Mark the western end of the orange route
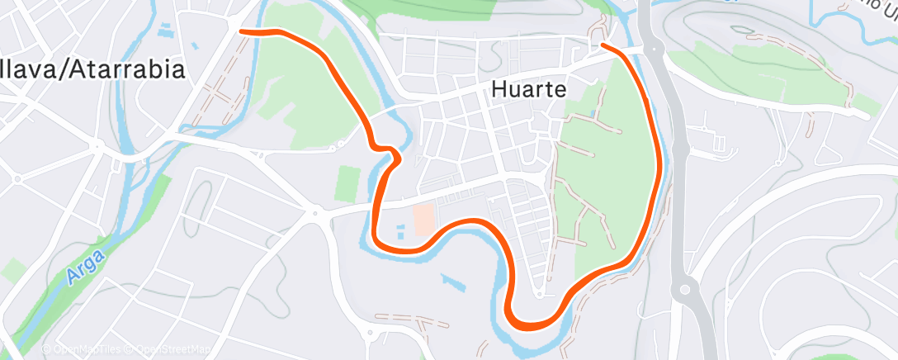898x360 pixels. (x=241, y=31)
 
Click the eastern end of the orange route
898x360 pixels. (x=604, y=45)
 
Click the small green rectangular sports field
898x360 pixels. (x=349, y=181)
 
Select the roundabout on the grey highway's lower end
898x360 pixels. (x=684, y=290)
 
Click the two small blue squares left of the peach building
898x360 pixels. (x=400, y=230)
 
